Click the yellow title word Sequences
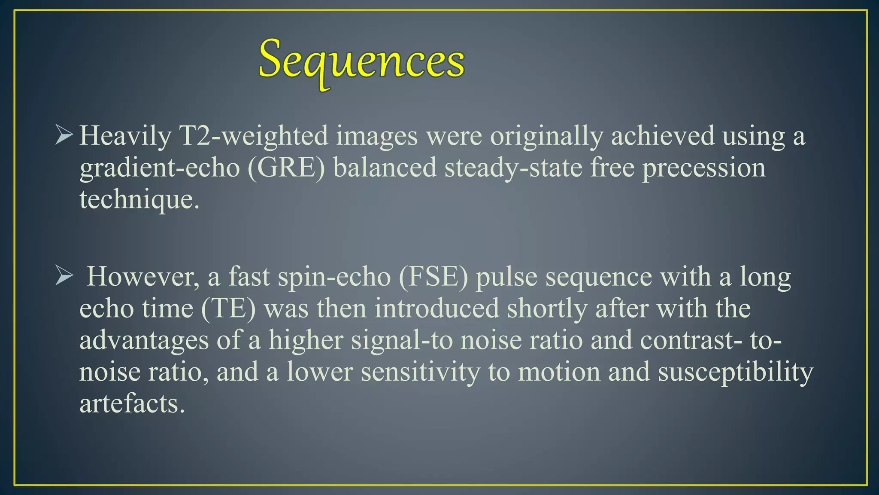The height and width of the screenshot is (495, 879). click(x=361, y=60)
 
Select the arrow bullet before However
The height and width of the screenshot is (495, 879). click(x=64, y=276)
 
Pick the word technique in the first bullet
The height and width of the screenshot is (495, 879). click(x=139, y=200)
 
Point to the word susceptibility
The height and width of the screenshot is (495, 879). click(x=735, y=372)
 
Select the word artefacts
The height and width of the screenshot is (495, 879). click(x=132, y=404)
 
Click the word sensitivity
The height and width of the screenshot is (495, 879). click(x=420, y=372)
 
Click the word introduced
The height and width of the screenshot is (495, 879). click(x=436, y=309)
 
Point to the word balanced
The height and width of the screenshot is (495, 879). click(x=385, y=168)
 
